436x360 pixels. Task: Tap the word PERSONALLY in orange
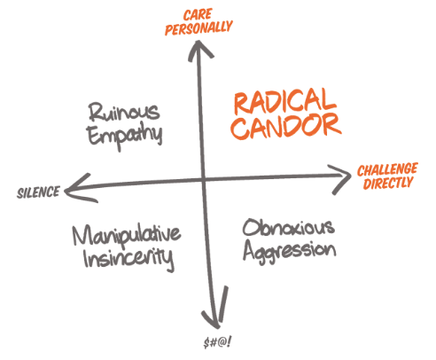click(x=199, y=28)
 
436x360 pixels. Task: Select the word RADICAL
click(x=285, y=101)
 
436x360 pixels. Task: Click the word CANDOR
click(x=286, y=127)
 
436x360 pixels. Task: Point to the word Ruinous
click(x=124, y=112)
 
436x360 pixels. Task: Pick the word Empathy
click(x=125, y=136)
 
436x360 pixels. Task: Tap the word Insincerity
click(x=128, y=259)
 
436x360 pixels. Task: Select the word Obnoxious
click(x=289, y=228)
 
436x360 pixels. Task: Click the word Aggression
click(x=290, y=252)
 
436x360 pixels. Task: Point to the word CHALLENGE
click(x=387, y=169)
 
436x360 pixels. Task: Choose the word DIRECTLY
click(x=388, y=183)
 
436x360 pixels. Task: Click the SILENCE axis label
click(x=38, y=192)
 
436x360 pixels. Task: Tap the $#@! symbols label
click(x=218, y=342)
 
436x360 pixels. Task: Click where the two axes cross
click(x=203, y=179)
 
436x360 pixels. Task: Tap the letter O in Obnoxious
click(x=251, y=228)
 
